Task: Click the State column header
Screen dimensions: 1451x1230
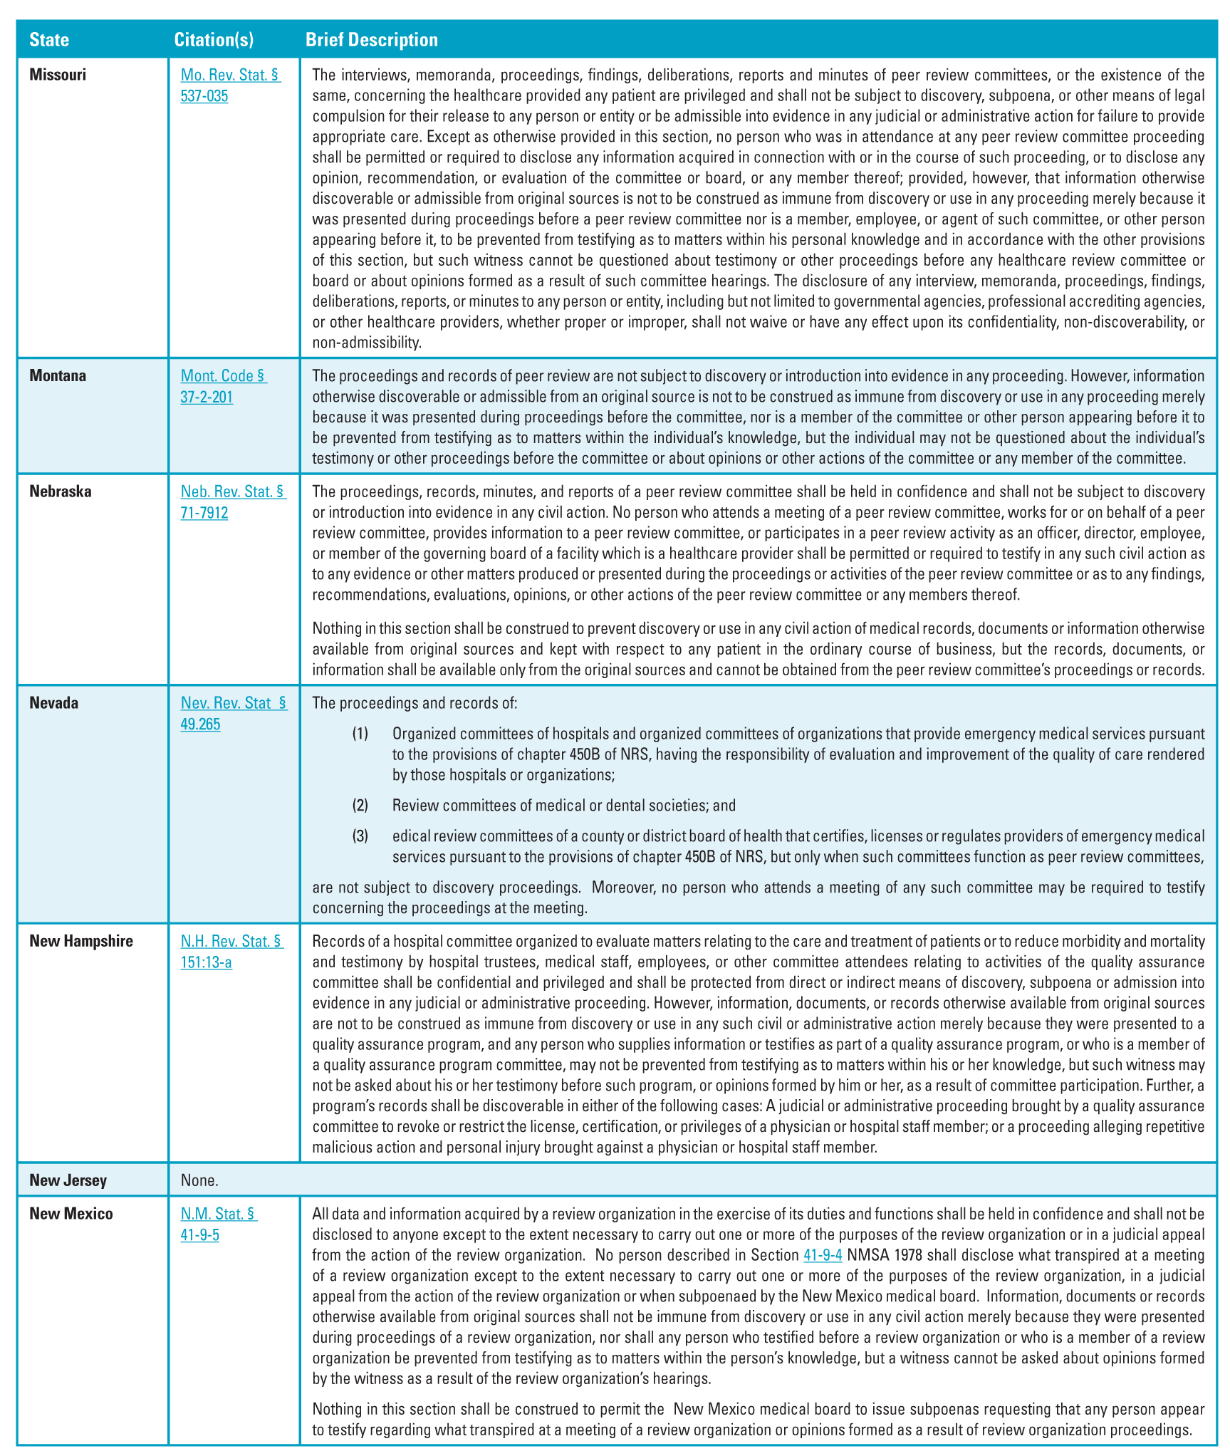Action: (x=49, y=40)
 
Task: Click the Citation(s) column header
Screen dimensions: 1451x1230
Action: (x=214, y=40)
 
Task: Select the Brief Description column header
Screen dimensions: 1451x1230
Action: (x=372, y=40)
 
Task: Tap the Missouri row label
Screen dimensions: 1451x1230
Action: (x=58, y=75)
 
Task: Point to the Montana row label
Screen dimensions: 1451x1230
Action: (x=58, y=376)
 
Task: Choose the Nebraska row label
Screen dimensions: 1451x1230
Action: (x=61, y=492)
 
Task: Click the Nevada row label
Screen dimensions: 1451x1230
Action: (x=54, y=703)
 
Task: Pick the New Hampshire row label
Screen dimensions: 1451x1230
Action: (x=81, y=941)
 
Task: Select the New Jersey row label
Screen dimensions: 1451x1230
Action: (x=68, y=1180)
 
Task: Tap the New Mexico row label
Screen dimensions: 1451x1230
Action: (x=71, y=1214)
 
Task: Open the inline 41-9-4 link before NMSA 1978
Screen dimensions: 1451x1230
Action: (x=823, y=1255)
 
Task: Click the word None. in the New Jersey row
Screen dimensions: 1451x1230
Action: (x=199, y=1180)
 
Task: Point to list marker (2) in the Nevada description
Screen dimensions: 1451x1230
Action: (x=360, y=806)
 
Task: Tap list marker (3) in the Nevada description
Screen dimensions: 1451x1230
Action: (x=360, y=836)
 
